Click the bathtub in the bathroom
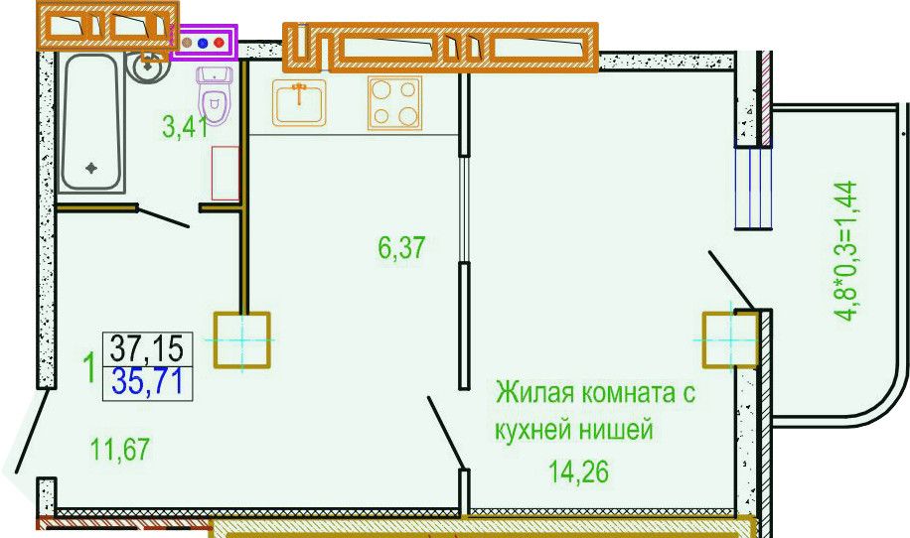point(91,122)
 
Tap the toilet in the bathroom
point(215,95)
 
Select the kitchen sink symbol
point(299,102)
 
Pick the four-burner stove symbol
point(394,103)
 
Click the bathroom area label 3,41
point(186,127)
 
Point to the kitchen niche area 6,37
point(401,248)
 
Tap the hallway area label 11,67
point(120,450)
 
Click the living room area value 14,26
point(579,472)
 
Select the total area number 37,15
point(147,349)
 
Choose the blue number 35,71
point(147,382)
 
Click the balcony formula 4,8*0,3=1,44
point(845,251)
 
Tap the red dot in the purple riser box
point(219,43)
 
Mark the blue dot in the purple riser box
point(203,43)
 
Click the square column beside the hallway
point(242,339)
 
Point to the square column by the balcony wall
point(730,339)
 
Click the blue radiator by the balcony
point(754,188)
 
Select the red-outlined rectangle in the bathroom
point(226,174)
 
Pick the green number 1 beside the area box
point(89,367)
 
